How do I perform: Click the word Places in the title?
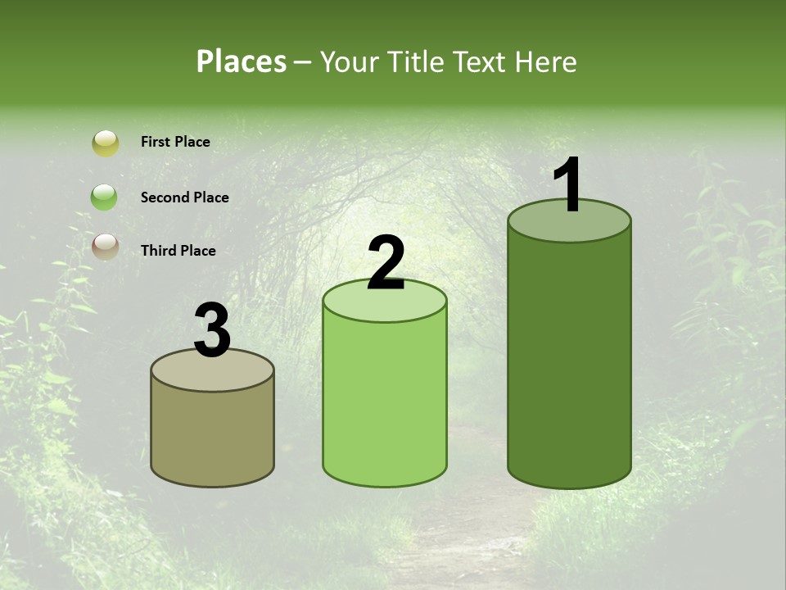click(x=242, y=61)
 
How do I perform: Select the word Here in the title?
click(x=548, y=61)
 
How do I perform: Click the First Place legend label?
click(x=175, y=142)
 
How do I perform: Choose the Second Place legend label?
click(x=184, y=197)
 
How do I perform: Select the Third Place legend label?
click(x=178, y=251)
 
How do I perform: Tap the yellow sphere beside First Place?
click(x=106, y=143)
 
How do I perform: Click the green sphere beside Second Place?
click(x=105, y=197)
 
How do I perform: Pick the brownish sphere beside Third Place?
click(x=105, y=246)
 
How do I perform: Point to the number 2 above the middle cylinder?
click(x=386, y=263)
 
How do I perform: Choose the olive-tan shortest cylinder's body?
click(x=213, y=434)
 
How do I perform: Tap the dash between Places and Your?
click(x=303, y=62)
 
